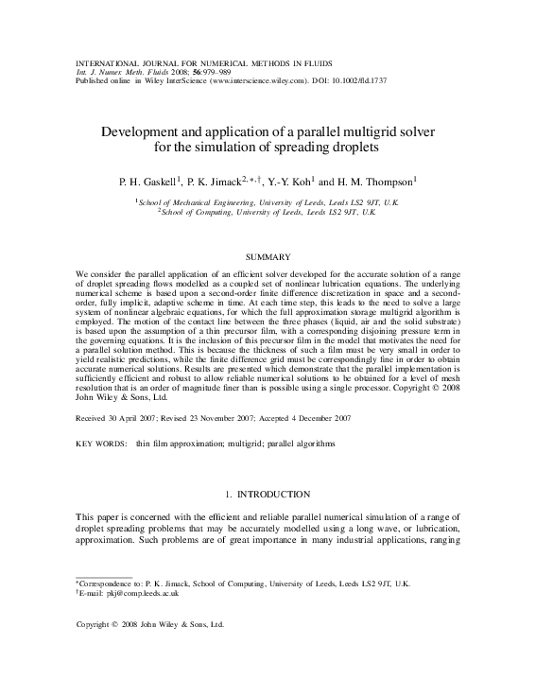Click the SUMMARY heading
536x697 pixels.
coord(268,256)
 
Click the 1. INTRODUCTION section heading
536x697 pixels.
coord(268,495)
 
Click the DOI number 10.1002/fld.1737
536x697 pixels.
coord(361,81)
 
